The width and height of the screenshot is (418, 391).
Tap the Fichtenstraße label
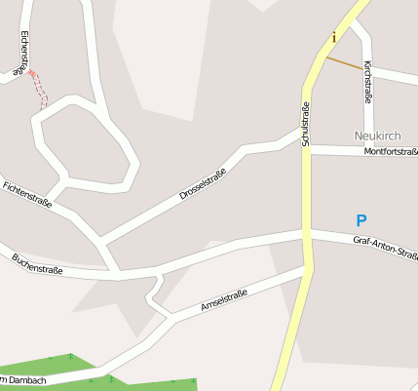27,195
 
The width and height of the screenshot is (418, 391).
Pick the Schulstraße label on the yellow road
305,124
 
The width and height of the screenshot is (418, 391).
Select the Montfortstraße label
390,152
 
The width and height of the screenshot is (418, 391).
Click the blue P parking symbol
361,221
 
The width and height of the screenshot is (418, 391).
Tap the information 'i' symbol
334,38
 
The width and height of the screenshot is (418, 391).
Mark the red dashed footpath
39,88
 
